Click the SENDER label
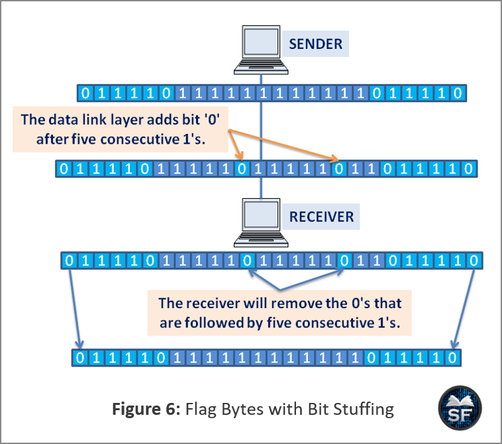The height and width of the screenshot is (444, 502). pyautogui.click(x=315, y=45)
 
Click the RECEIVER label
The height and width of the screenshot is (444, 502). pyautogui.click(x=321, y=216)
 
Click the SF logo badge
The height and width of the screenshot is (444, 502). pyautogui.click(x=460, y=408)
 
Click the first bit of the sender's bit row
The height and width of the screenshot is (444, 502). pyautogui.click(x=83, y=93)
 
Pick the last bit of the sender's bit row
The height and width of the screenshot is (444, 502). pyautogui.click(x=457, y=93)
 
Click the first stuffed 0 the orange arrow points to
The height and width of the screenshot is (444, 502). pyautogui.click(x=242, y=168)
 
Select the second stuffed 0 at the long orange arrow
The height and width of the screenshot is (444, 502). pyautogui.click(x=339, y=168)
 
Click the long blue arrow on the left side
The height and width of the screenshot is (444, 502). pyautogui.click(x=74, y=307)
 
